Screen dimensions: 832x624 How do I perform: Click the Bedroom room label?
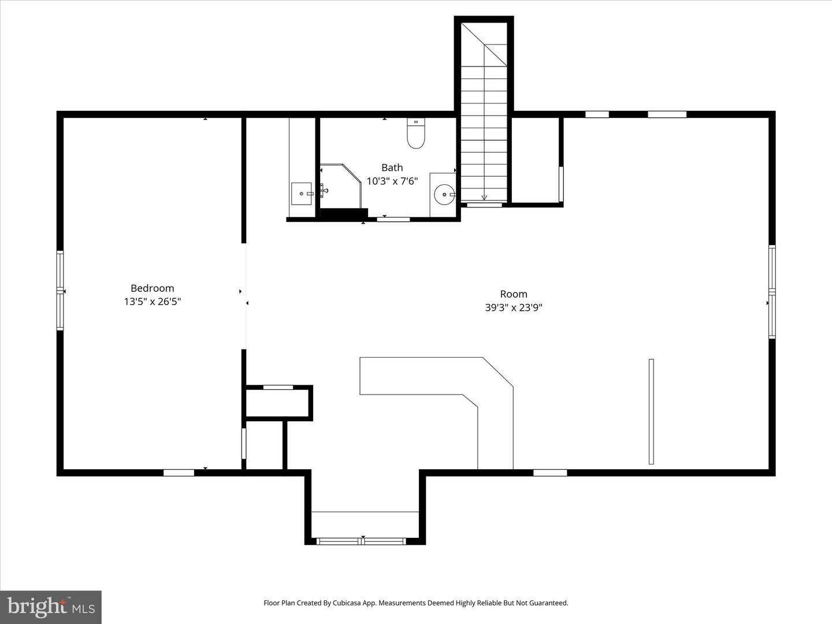[x=152, y=288]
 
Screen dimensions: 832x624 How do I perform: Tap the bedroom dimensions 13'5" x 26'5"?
[x=153, y=302]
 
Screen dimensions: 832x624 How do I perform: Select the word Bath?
[x=392, y=168]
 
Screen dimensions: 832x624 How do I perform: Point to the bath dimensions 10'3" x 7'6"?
[x=392, y=181]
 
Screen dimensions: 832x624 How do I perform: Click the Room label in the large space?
[x=514, y=294]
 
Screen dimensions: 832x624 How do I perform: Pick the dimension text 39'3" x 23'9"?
[x=514, y=307]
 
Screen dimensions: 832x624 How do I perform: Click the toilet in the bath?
[x=416, y=133]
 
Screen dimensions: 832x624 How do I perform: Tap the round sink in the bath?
[x=444, y=195]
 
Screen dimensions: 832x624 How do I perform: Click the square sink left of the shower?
[x=302, y=194]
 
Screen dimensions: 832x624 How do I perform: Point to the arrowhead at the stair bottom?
[x=484, y=198]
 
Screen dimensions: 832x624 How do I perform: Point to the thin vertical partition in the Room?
[x=651, y=411]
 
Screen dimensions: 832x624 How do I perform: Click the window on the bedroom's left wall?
[x=60, y=290]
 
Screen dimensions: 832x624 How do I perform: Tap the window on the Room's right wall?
[x=772, y=292]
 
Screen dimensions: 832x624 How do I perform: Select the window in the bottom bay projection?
[x=361, y=541]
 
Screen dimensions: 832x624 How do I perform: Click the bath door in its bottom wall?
[x=393, y=220]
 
